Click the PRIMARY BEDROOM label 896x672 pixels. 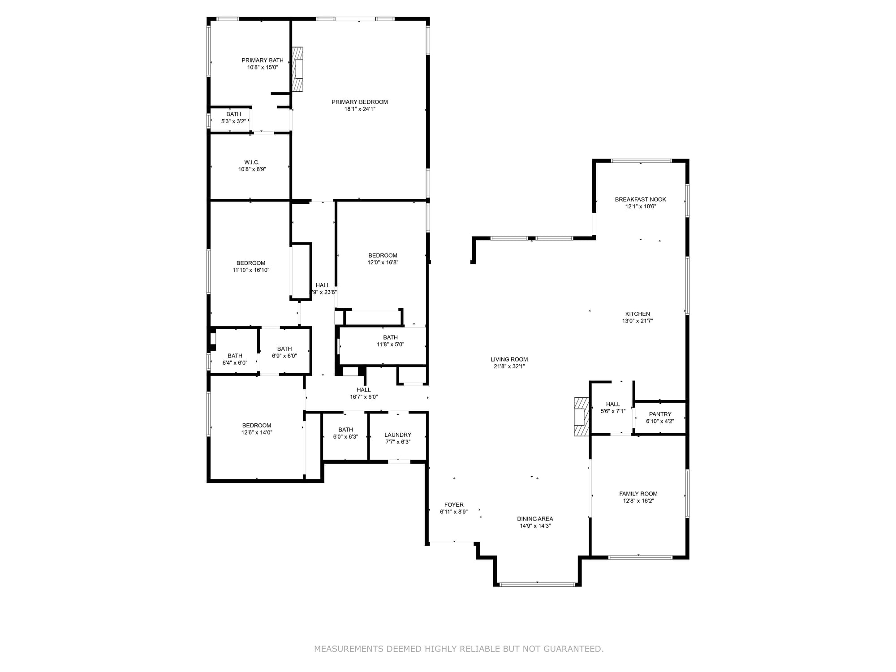[360, 102]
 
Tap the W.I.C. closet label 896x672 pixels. [252, 162]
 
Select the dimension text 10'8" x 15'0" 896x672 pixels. [263, 68]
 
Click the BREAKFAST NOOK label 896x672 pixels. [641, 199]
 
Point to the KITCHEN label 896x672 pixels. [638, 314]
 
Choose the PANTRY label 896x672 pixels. [660, 414]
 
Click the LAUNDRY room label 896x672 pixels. [398, 435]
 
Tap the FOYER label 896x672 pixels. [454, 505]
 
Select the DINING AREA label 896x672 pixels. [535, 519]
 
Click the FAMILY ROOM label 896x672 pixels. [638, 494]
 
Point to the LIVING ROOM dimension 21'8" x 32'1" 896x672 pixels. [509, 366]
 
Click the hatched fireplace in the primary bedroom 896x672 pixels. [297, 69]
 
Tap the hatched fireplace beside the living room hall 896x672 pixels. [582, 416]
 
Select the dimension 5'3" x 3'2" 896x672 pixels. [233, 121]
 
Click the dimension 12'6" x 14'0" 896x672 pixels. [257, 433]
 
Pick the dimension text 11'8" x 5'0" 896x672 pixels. [390, 345]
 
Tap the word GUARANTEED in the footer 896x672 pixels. [573, 649]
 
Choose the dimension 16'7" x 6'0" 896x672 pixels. [364, 397]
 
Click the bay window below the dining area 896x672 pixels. [537, 584]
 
